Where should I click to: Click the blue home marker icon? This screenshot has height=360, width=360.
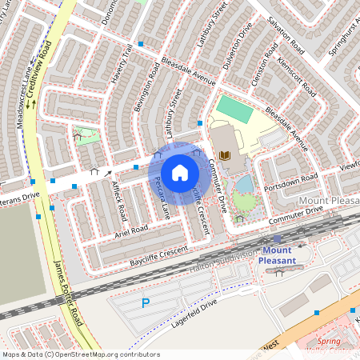click(x=180, y=173)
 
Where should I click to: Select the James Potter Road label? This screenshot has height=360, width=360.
click(x=67, y=296)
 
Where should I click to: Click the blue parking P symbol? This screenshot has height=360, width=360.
click(x=146, y=303)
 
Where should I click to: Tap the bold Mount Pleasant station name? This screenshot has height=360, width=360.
click(x=278, y=255)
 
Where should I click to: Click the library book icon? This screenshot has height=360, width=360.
click(x=224, y=154)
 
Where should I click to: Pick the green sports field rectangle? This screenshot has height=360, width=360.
click(x=234, y=108)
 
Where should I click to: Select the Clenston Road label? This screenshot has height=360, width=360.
click(x=263, y=73)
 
